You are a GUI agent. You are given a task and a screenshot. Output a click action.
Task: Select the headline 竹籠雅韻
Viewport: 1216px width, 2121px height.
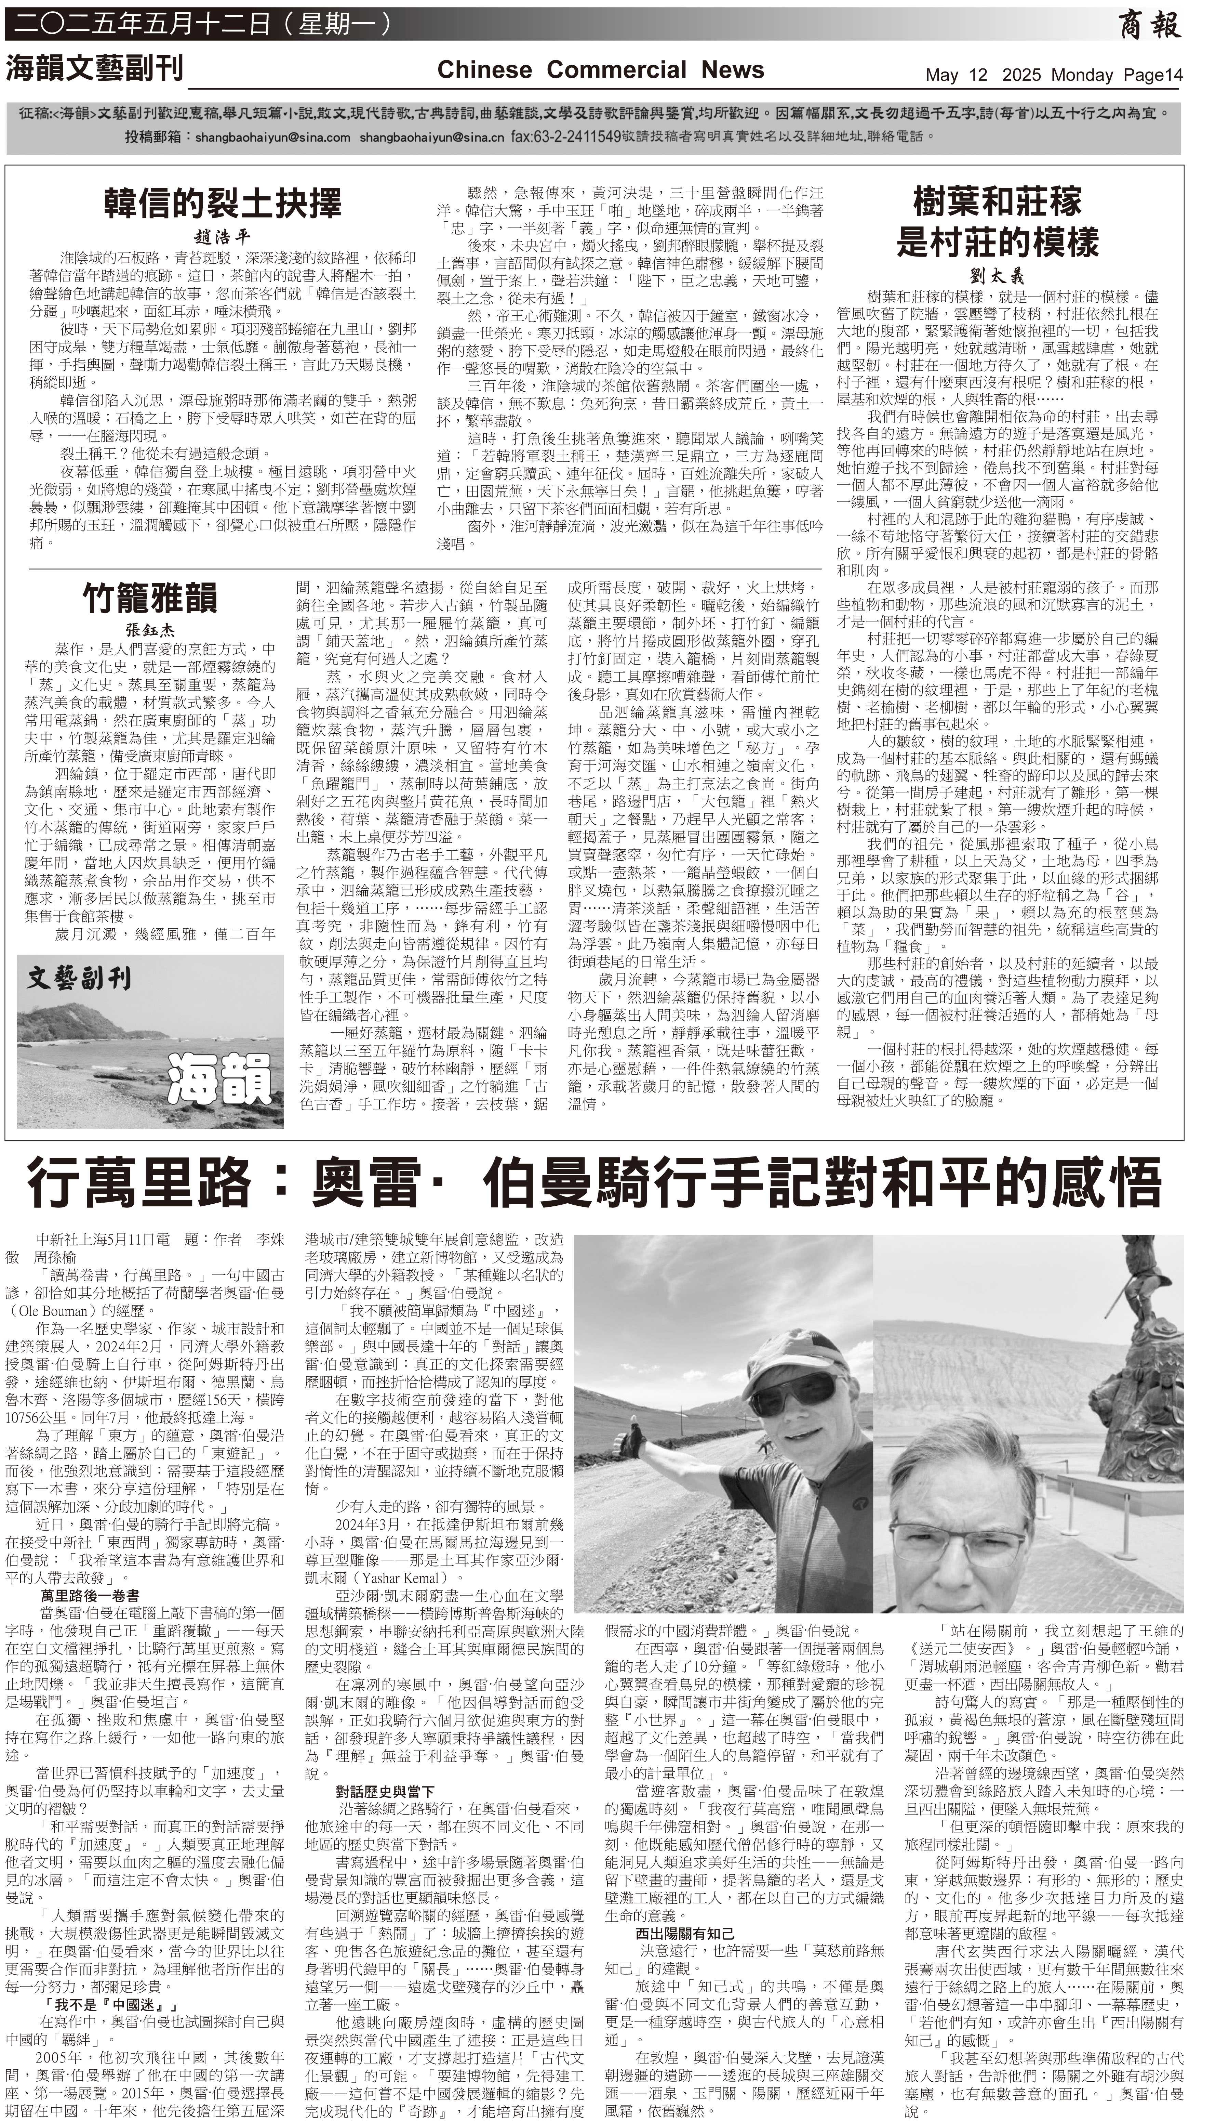[x=150, y=597]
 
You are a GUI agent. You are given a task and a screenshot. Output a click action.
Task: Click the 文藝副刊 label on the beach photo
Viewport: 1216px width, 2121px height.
[x=79, y=977]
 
